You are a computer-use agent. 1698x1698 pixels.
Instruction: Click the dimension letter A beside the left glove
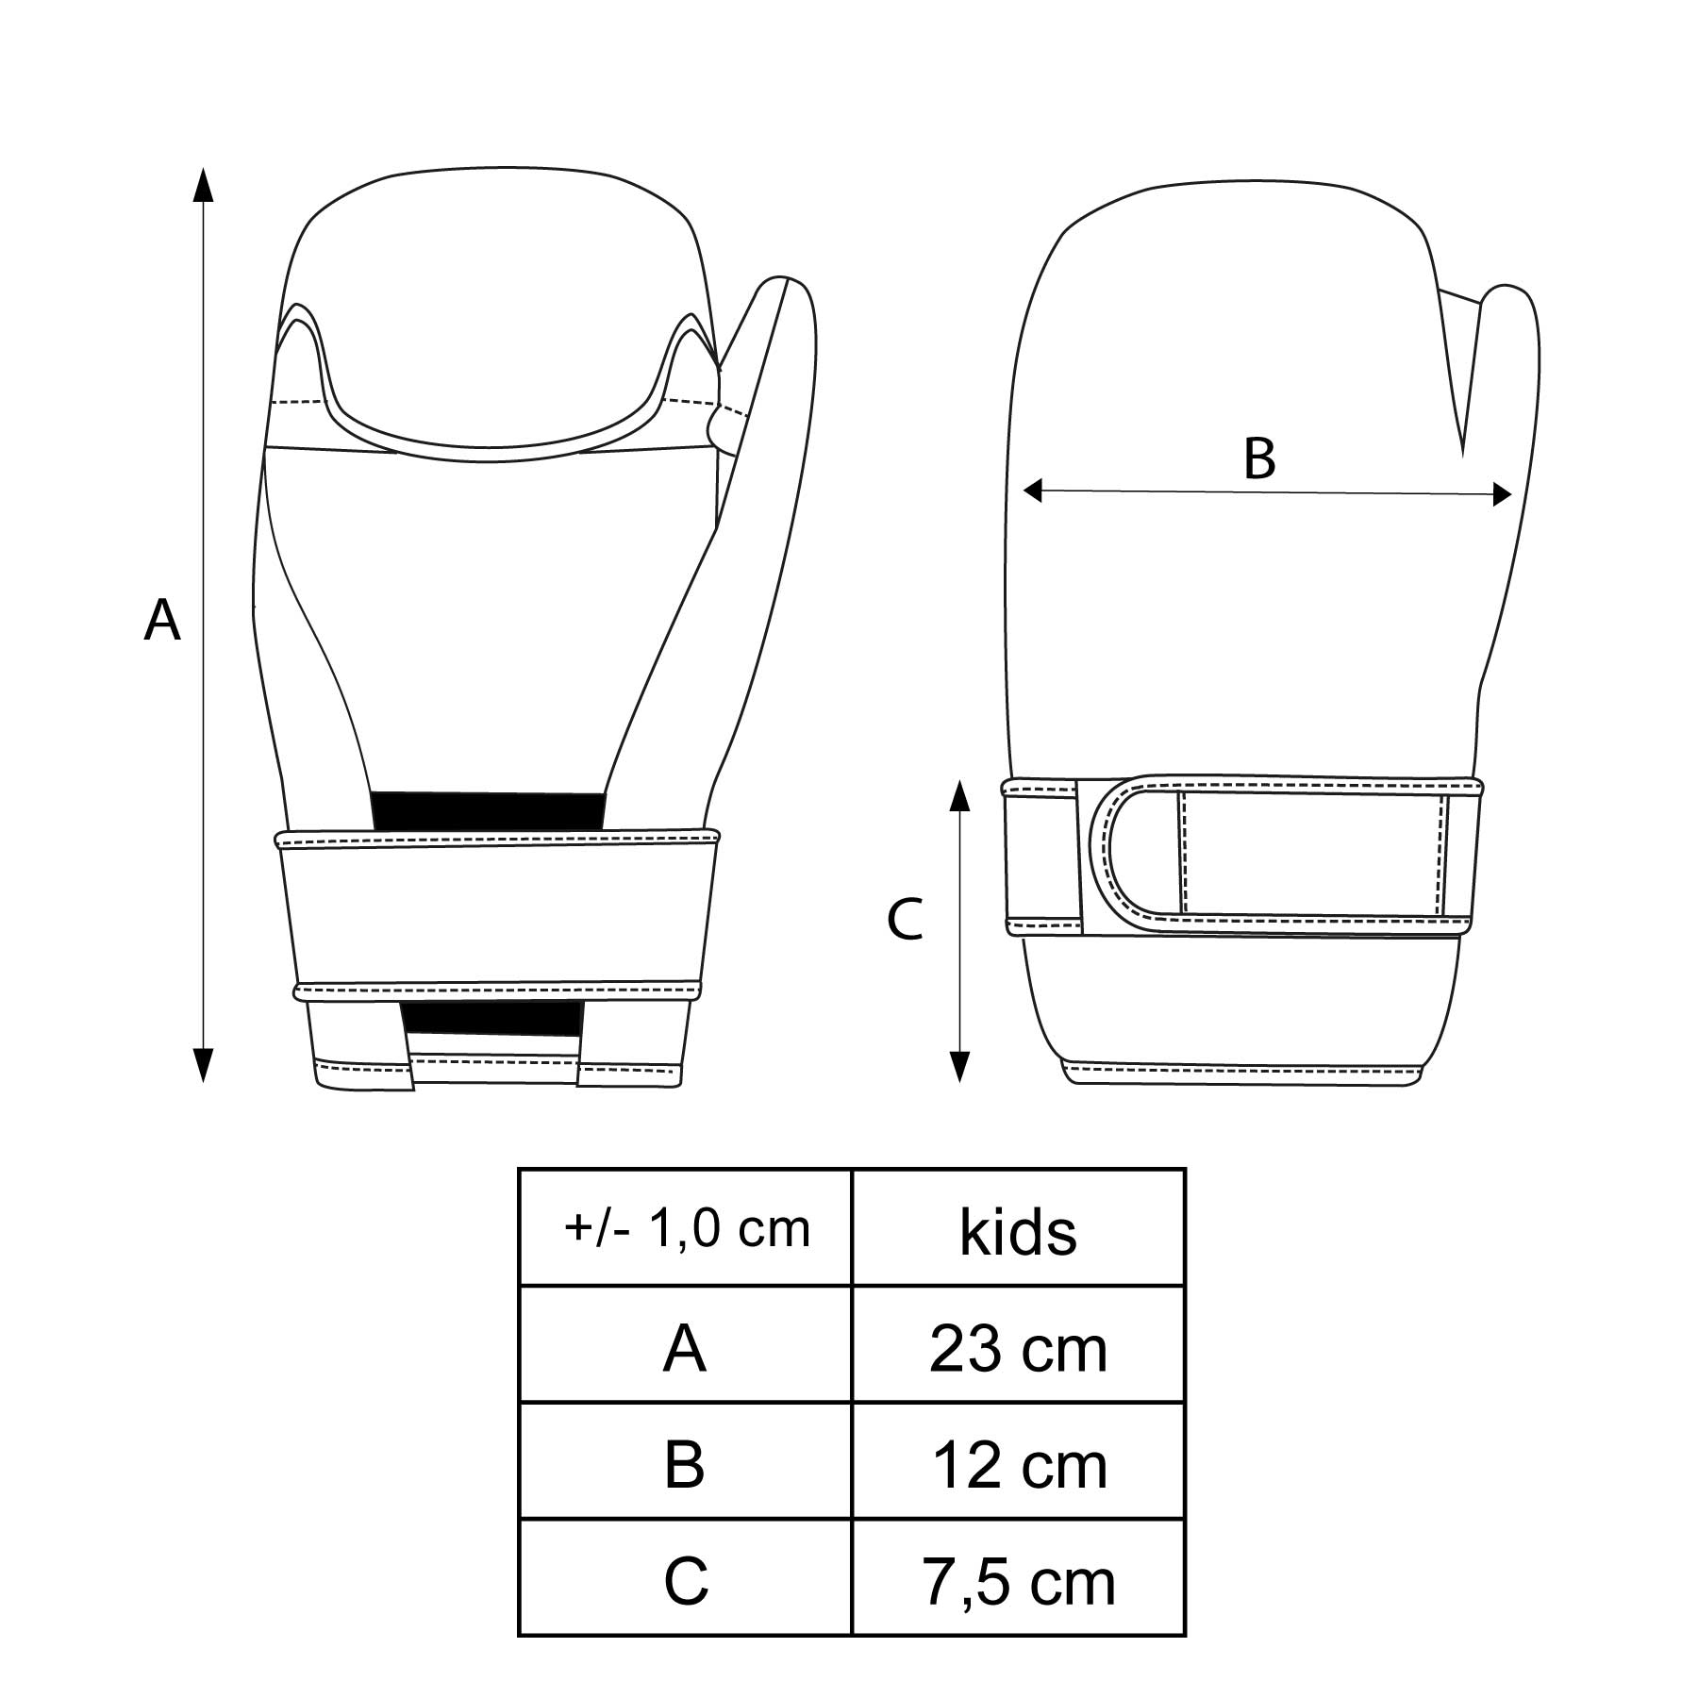tap(162, 621)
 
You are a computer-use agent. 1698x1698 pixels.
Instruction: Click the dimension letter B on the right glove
tap(1259, 458)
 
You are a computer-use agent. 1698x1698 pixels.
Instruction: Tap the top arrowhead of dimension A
tap(203, 185)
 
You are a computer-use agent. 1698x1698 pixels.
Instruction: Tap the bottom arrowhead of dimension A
tap(203, 1065)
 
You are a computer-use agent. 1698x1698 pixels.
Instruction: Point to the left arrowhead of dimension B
tap(1033, 490)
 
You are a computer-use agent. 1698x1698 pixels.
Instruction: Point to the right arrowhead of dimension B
tap(1503, 494)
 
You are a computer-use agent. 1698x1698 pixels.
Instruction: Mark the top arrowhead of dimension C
tap(959, 796)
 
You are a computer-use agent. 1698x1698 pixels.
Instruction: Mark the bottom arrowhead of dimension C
tap(959, 1065)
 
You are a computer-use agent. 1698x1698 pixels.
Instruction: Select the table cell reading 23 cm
tap(1019, 1348)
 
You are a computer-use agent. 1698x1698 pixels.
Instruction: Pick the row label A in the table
tap(685, 1349)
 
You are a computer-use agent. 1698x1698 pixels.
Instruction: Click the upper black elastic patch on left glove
tap(489, 811)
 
